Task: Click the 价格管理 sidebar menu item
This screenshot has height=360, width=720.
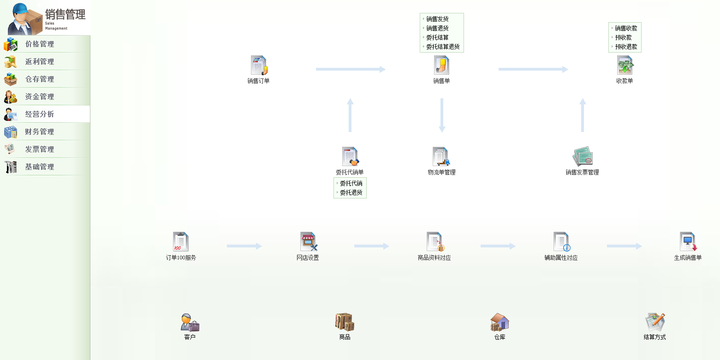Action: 40,44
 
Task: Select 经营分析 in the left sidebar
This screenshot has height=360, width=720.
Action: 40,114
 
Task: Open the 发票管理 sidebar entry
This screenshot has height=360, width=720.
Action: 40,150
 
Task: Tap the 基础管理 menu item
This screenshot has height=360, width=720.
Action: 40,167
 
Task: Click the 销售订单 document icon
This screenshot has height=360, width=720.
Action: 259,66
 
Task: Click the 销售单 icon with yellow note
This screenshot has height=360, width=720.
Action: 441,66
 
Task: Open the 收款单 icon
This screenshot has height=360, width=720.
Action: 625,66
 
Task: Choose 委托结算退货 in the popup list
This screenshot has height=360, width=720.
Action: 443,47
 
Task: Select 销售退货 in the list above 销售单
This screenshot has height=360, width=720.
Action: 437,28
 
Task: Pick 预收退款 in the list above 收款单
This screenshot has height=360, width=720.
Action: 626,47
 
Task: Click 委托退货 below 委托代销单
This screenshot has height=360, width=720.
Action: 351,192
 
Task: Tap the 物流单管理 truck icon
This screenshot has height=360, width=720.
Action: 441,157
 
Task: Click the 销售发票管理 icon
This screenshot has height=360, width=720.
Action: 583,157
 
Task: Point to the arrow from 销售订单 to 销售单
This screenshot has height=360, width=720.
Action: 351,69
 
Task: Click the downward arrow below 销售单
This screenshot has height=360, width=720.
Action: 442,115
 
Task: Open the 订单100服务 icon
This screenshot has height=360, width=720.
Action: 181,242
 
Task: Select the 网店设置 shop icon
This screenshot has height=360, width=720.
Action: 308,242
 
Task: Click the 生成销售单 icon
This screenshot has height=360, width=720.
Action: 688,242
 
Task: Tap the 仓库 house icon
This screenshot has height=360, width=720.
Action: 500,322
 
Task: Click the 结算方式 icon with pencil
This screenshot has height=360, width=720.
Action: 655,322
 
